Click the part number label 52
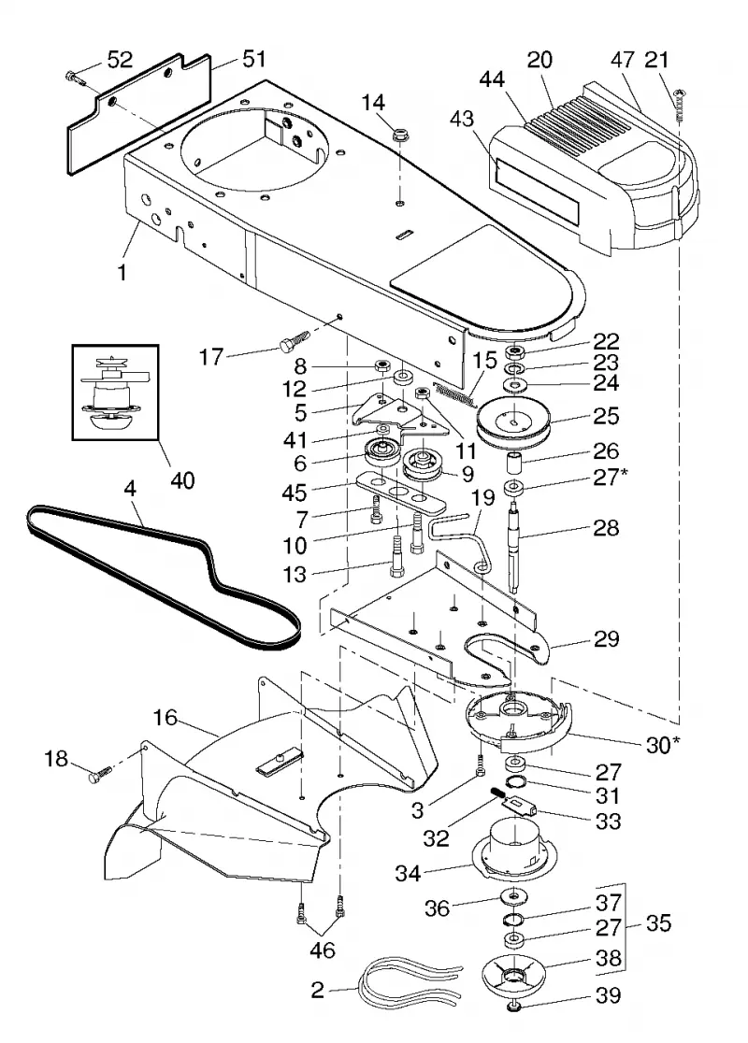[120, 60]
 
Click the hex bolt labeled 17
[294, 339]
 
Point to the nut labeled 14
[400, 136]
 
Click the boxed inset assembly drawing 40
[116, 392]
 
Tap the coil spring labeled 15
[453, 393]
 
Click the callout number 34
[408, 872]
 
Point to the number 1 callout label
[122, 272]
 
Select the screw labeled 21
[679, 104]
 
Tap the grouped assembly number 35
[657, 923]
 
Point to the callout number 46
[322, 950]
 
